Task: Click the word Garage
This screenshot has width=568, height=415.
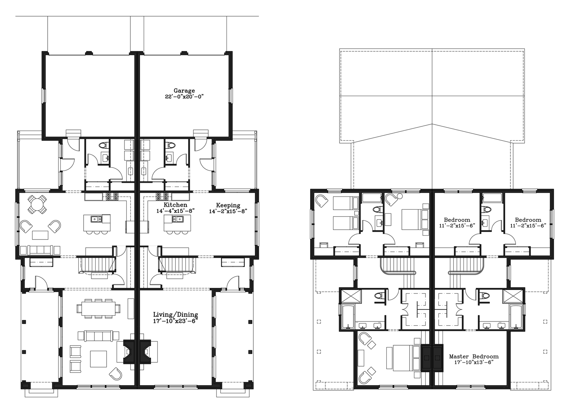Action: pos(184,91)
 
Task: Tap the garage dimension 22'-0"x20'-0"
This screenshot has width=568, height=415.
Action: pos(184,97)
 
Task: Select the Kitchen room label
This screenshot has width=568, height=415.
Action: pos(175,205)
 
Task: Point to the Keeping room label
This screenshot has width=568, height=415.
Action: pos(228,205)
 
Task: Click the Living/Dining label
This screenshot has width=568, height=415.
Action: pos(175,315)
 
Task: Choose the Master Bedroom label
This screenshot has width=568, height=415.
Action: pos(474,357)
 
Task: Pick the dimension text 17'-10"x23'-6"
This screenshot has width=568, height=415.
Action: pos(175,321)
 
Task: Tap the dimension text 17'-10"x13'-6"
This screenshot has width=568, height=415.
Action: pos(474,363)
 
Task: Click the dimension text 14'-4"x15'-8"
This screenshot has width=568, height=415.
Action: pos(175,211)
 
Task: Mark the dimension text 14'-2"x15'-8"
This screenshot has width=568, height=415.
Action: pos(228,212)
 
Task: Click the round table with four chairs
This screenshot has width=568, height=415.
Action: pos(37,204)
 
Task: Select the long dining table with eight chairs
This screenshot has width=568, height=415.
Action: pos(98,308)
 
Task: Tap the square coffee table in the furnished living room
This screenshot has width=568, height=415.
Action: pos(99,359)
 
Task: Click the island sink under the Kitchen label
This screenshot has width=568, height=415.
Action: pos(177,219)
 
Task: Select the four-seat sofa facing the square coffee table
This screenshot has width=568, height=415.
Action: pos(98,336)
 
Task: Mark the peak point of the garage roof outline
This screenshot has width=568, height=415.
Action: pos(432,124)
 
